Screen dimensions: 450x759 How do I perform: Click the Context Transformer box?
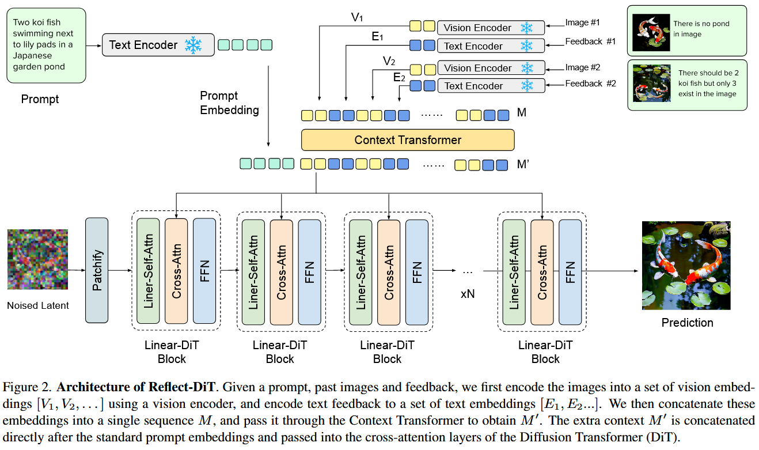point(407,140)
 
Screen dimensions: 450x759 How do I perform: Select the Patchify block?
point(97,270)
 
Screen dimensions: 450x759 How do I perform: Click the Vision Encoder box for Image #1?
point(491,28)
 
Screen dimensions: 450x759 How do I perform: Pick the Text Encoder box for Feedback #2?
point(491,86)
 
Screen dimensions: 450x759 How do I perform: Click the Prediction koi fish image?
point(686,266)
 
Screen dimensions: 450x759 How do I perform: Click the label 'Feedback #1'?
point(590,41)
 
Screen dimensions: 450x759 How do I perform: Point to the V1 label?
point(357,18)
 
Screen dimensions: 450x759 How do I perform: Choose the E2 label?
point(399,77)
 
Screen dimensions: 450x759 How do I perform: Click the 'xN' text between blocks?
point(467,294)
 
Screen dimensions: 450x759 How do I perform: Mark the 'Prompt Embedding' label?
point(229,103)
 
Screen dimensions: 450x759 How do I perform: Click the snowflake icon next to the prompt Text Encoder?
point(193,45)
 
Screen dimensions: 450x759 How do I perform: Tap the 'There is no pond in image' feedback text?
point(701,29)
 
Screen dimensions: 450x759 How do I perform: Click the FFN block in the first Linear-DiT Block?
point(204,271)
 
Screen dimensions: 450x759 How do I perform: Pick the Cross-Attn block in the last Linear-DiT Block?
point(542,271)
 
